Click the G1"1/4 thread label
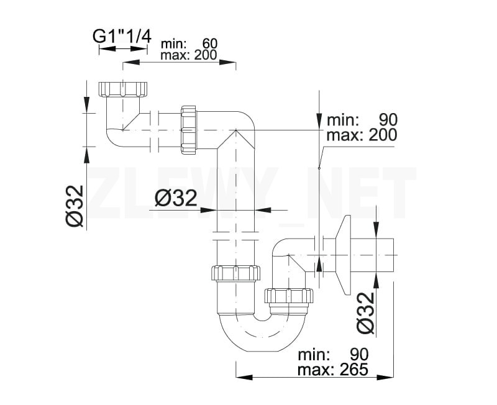[122, 36]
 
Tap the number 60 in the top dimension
[210, 43]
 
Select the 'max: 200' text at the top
[189, 55]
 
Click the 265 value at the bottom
[353, 369]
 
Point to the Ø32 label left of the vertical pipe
[176, 199]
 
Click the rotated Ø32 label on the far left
[75, 206]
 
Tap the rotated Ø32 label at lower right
[365, 313]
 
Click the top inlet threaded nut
[122, 89]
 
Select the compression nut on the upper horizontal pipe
[189, 130]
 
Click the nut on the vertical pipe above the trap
[235, 273]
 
